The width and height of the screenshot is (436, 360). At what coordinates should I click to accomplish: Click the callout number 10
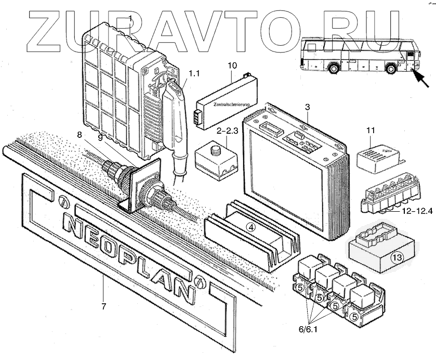232,66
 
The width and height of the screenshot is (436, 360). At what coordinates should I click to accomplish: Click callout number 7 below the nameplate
104,306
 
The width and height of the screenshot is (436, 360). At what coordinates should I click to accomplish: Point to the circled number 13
397,257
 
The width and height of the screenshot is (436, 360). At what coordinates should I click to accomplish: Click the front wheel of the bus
391,69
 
